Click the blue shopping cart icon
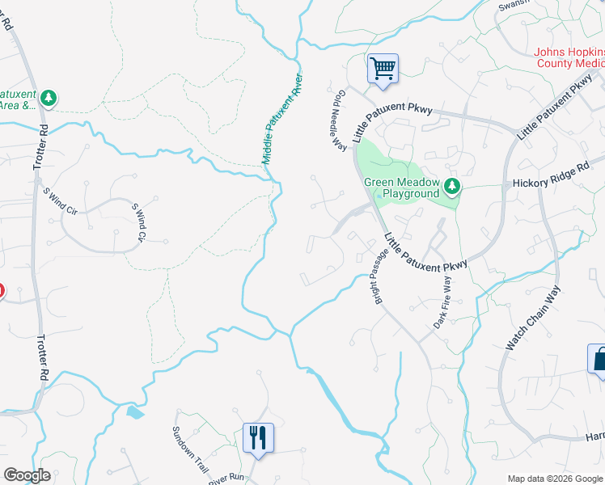click(x=383, y=68)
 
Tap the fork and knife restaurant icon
click(x=258, y=438)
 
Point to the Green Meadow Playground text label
click(x=401, y=188)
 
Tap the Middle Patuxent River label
click(x=281, y=120)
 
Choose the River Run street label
click(x=226, y=477)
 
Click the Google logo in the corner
click(x=27, y=475)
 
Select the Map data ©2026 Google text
click(x=554, y=479)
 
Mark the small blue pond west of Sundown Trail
click(x=135, y=413)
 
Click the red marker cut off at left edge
click(x=2, y=291)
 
